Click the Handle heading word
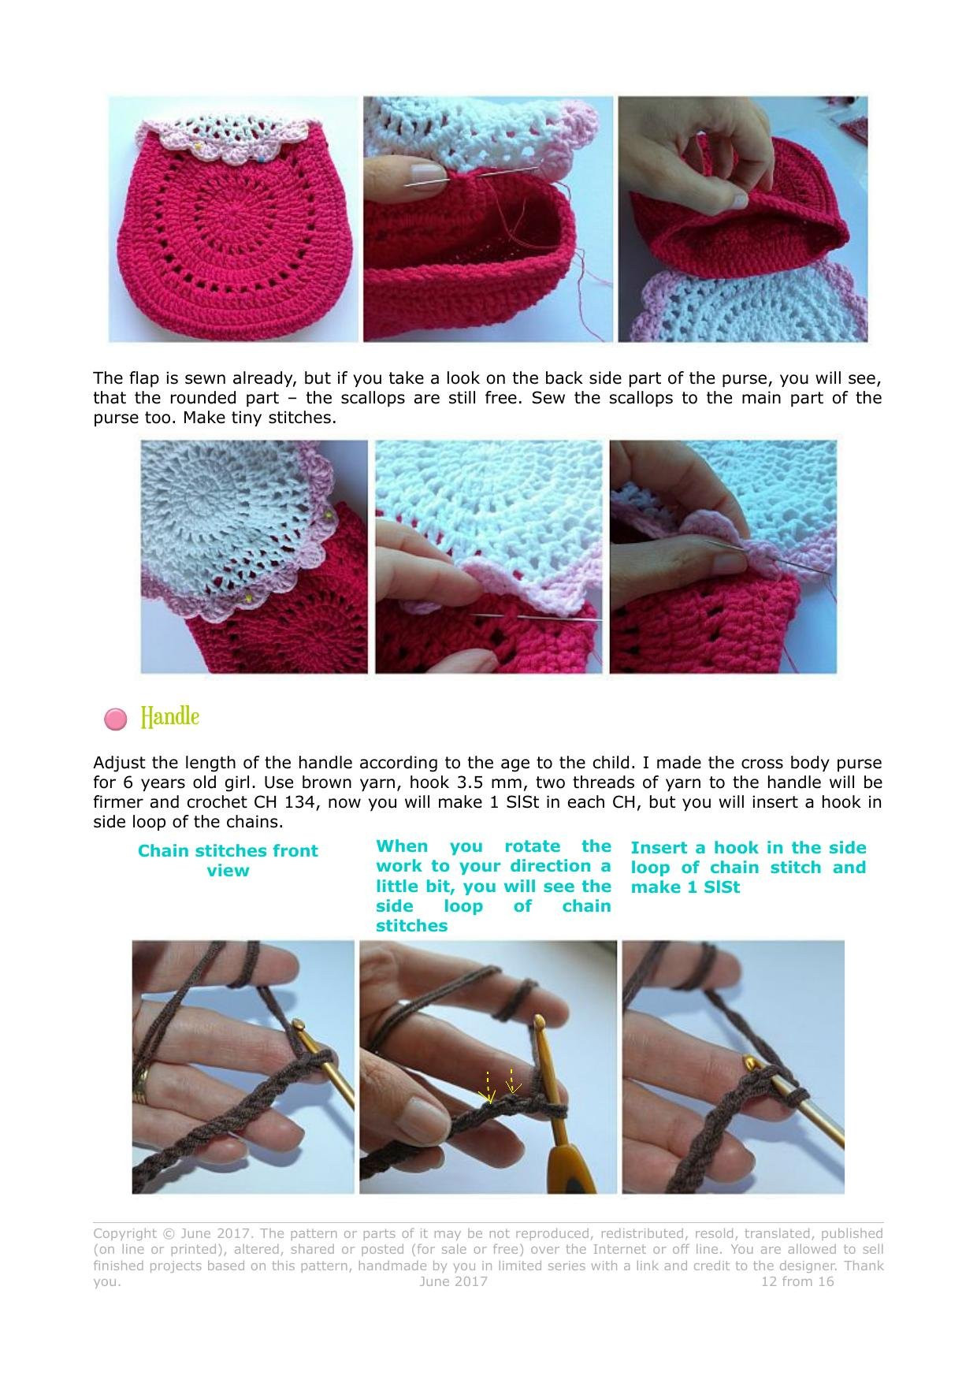point(169,717)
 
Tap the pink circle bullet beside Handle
point(115,719)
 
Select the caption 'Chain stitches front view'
point(228,861)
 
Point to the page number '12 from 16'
point(797,1281)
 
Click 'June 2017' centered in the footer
point(453,1281)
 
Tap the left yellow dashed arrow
point(488,1087)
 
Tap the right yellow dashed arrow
point(512,1081)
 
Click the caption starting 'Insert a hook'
point(748,867)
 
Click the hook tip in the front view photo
point(299,1026)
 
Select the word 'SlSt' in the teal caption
point(722,887)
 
